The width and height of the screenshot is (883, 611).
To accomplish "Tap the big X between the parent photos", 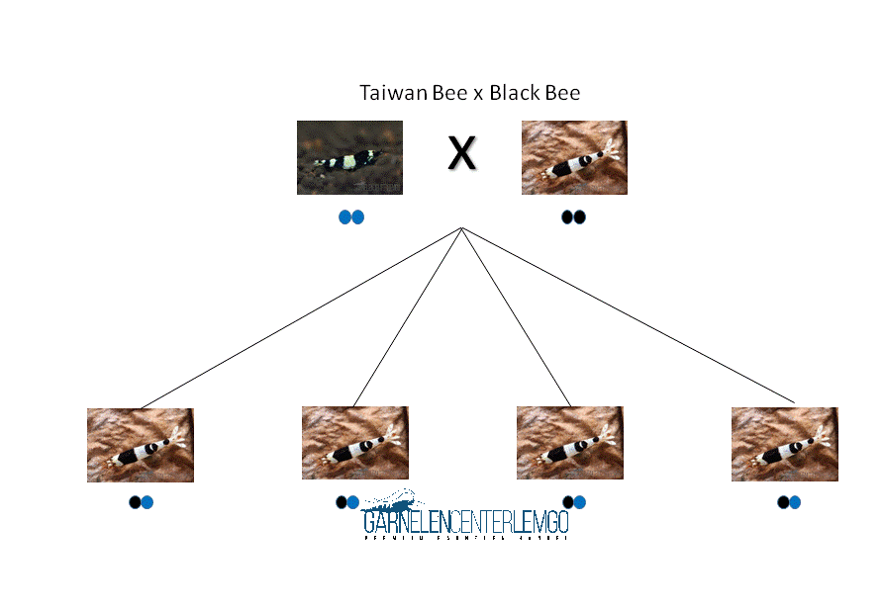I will pos(461,153).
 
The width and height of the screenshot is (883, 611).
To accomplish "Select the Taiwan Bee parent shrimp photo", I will pos(349,157).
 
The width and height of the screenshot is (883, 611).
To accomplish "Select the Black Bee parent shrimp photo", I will pos(574,157).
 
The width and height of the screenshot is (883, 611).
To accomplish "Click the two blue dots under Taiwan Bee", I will pos(351,218).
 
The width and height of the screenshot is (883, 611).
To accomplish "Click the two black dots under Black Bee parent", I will pos(574,218).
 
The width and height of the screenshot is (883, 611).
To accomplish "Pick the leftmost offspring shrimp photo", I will pos(141,445).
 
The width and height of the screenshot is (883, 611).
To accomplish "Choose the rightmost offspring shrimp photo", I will pos(785,444).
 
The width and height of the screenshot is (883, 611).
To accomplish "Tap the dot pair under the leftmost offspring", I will pos(142,502).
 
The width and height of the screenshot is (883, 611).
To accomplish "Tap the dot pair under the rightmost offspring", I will pos(789,502).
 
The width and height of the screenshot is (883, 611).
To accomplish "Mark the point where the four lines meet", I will pos(461,228).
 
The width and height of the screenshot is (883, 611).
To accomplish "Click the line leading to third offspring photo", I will pos(516,317).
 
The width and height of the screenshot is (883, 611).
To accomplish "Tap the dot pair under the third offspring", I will pos(574,502).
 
